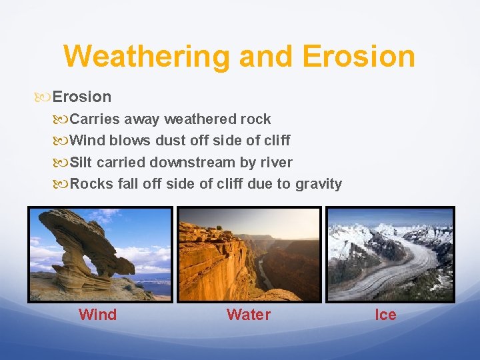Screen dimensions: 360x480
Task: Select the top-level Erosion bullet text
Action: click(x=81, y=97)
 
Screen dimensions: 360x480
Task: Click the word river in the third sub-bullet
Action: click(x=275, y=162)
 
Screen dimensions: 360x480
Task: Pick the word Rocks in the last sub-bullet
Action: click(x=91, y=184)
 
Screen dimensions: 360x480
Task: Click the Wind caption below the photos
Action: click(x=97, y=315)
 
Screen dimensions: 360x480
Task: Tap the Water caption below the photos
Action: click(x=248, y=315)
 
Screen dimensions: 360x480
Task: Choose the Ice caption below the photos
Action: click(x=385, y=315)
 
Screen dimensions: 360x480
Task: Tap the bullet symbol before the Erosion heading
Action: click(x=45, y=97)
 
